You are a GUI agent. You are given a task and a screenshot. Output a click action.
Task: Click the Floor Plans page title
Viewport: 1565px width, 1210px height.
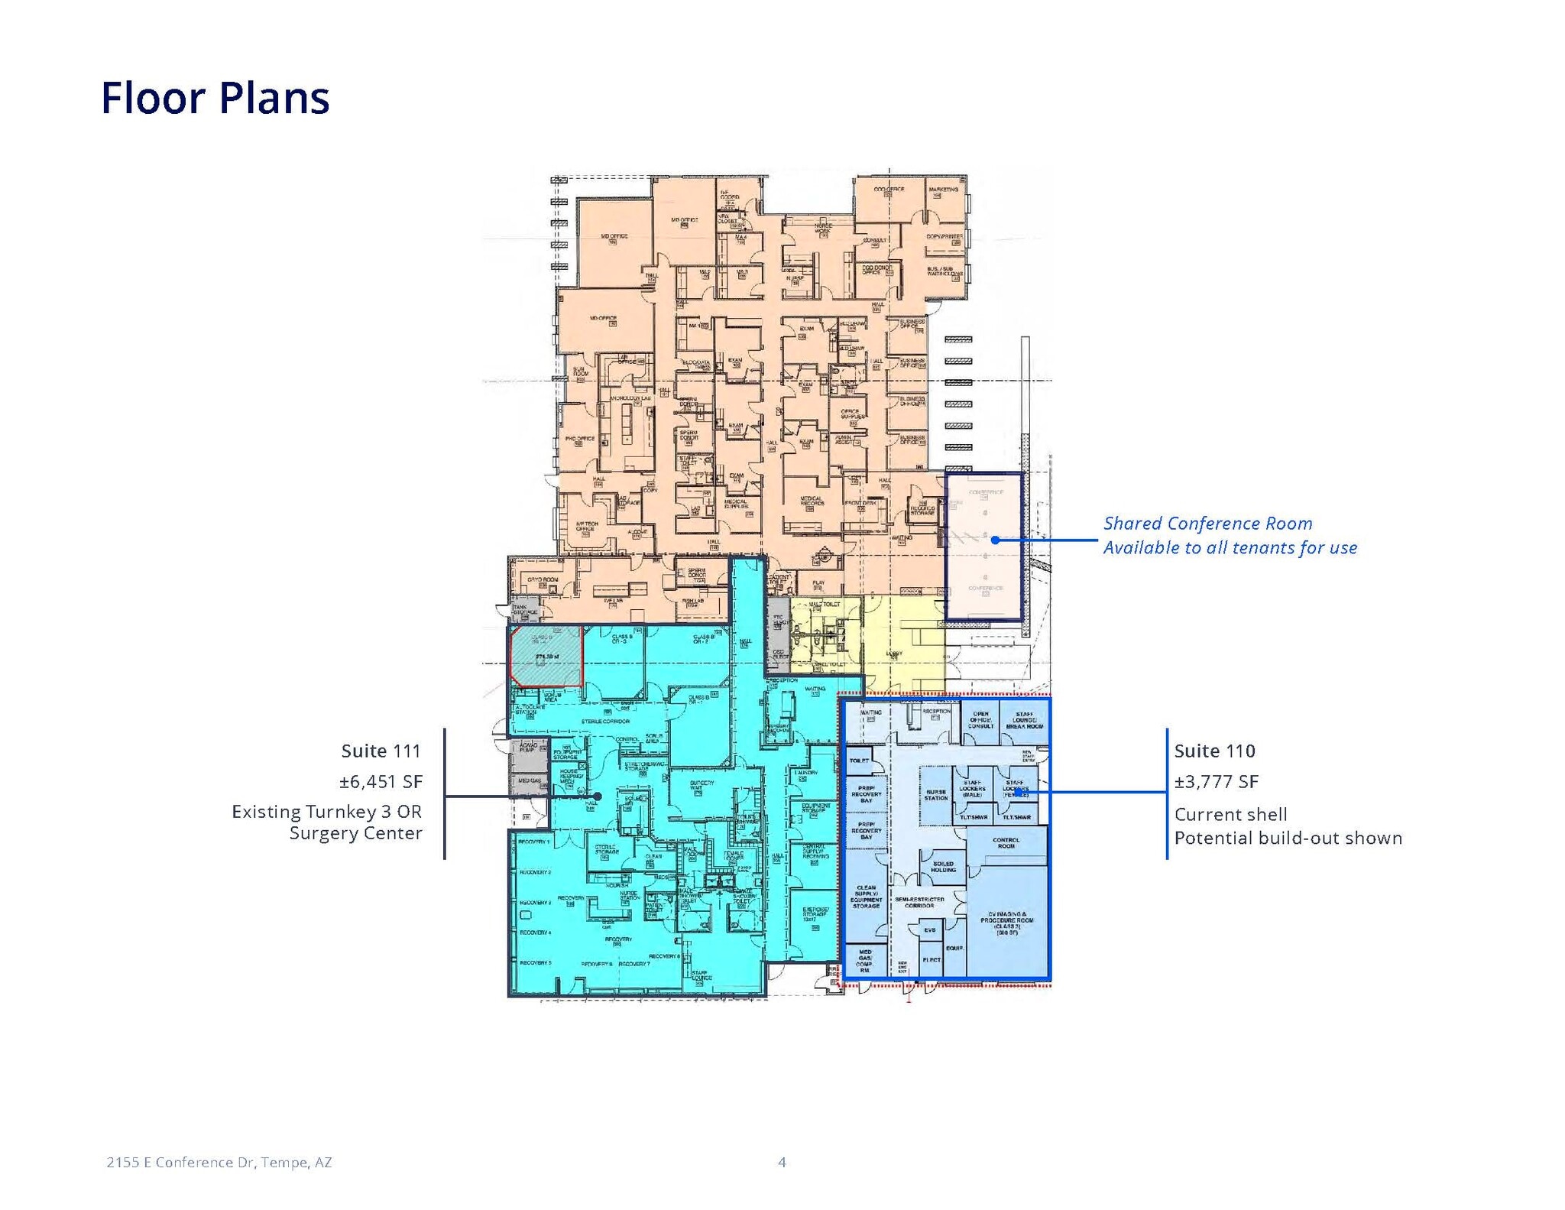[x=215, y=98]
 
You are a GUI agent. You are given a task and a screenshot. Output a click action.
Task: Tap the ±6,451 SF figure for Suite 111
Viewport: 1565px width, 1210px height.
[x=381, y=781]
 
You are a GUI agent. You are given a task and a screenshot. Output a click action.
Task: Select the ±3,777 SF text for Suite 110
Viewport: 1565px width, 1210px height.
[x=1216, y=781]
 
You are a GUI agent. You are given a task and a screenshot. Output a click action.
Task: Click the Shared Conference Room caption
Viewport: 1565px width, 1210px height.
[x=1207, y=524]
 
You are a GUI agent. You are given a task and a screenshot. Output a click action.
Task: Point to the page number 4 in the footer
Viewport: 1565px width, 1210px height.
[x=782, y=1162]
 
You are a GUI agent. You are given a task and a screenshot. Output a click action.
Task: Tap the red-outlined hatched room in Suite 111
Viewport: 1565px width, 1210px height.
[x=546, y=656]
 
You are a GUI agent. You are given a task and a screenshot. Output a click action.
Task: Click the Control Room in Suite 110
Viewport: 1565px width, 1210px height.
[x=1006, y=843]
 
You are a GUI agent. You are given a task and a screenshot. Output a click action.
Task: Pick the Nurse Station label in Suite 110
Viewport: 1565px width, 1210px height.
[x=935, y=795]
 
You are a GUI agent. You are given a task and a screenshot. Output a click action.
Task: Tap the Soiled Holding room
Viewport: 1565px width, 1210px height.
[x=943, y=866]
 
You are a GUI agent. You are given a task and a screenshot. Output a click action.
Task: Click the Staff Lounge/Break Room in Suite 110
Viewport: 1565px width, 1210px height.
[x=1024, y=720]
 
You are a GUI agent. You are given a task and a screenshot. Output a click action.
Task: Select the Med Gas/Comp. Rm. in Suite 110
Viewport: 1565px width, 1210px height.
[x=864, y=961]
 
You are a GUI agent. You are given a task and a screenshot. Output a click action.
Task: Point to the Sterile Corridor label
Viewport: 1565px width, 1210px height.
[x=605, y=721]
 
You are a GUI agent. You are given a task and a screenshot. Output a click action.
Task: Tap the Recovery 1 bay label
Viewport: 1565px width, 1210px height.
[x=533, y=842]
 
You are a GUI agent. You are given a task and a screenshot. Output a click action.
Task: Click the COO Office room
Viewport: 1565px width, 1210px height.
[x=889, y=189]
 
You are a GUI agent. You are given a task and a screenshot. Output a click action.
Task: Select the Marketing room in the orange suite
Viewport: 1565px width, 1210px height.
[x=943, y=189]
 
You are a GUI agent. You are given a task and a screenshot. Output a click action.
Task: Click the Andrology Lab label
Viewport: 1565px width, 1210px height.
[x=630, y=398]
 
